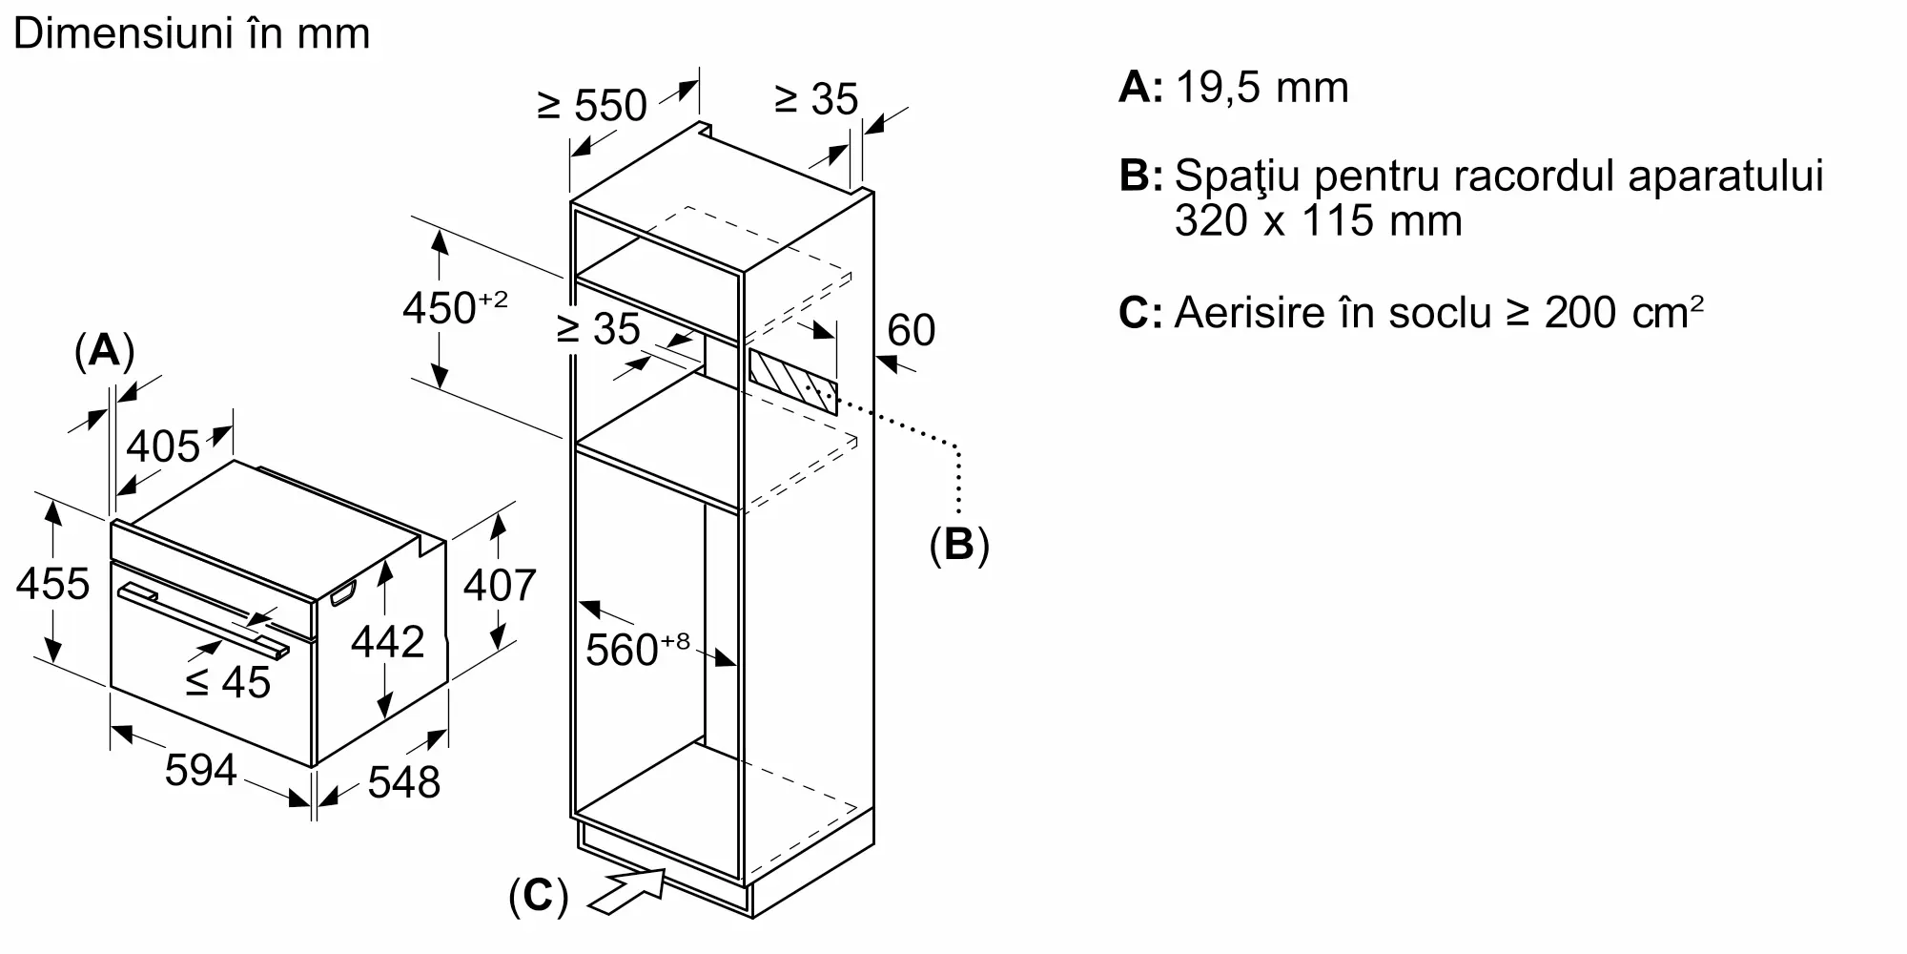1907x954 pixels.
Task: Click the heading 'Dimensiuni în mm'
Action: [x=192, y=34]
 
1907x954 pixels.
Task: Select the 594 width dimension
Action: [x=200, y=770]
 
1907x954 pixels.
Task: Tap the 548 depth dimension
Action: [x=403, y=782]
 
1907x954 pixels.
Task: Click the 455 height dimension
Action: [x=52, y=584]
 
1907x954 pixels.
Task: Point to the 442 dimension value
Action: [x=387, y=642]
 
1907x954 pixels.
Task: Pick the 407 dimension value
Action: [x=500, y=584]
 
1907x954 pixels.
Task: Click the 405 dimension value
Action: [x=163, y=446]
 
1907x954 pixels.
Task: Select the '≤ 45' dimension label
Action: [x=228, y=682]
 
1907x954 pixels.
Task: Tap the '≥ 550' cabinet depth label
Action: [x=592, y=105]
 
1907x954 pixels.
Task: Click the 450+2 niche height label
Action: [x=454, y=308]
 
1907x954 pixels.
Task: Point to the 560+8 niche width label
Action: [x=636, y=650]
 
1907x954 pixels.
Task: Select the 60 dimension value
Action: [x=911, y=330]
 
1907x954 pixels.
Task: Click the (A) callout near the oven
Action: [x=104, y=351]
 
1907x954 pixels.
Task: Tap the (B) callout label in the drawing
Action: [x=959, y=544]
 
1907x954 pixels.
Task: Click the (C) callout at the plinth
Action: [x=538, y=897]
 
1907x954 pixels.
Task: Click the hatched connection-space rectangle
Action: [x=792, y=382]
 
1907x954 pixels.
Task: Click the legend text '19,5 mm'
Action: [x=1262, y=88]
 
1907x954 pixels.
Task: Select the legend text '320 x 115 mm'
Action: [x=1318, y=221]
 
